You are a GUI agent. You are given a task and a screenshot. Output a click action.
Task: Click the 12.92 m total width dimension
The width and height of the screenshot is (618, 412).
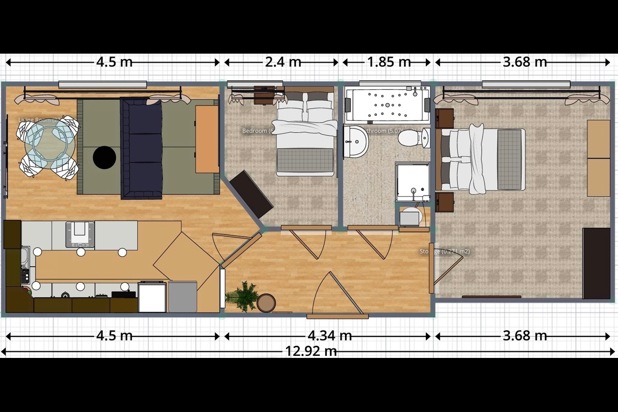coord(311,351)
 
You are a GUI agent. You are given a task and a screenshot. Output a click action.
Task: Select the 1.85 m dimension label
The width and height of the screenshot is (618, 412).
coord(389,62)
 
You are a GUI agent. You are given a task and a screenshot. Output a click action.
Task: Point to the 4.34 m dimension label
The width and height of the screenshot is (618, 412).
coord(330,336)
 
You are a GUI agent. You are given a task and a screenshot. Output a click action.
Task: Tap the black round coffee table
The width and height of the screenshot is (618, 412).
coord(104,158)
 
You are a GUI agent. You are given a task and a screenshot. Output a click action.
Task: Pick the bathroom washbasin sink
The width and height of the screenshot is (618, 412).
coord(356,141)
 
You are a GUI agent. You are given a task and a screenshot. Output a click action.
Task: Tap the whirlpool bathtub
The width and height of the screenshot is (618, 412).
coord(387,104)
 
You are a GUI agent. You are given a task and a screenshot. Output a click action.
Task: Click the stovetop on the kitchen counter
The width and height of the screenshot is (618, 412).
coord(80,234)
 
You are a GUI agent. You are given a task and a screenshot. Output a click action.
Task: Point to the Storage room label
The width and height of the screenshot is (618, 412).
coord(444,251)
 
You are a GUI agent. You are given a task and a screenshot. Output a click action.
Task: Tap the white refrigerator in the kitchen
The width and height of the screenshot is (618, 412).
coord(152,297)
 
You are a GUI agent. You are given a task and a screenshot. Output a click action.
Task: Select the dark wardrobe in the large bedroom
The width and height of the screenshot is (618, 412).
coord(596,263)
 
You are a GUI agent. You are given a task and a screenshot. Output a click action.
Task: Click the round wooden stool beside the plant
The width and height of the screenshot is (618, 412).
coord(267,302)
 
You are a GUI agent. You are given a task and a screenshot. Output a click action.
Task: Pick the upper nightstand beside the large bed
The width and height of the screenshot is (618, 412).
coord(445,118)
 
